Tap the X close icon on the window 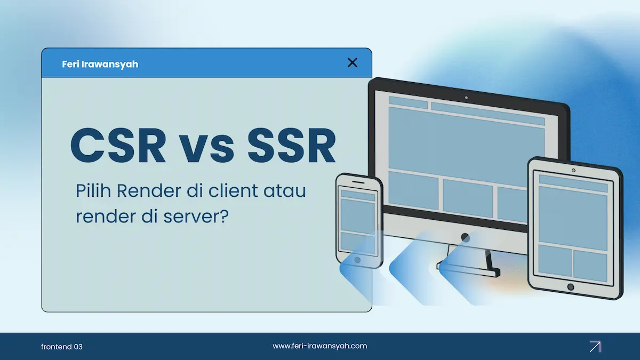352,63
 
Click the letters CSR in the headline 118,145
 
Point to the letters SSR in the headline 292,145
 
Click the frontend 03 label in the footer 62,347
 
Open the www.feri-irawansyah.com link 320,346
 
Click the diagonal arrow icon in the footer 595,347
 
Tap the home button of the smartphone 357,260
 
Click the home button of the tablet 571,287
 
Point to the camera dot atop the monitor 466,98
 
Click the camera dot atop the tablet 573,170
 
